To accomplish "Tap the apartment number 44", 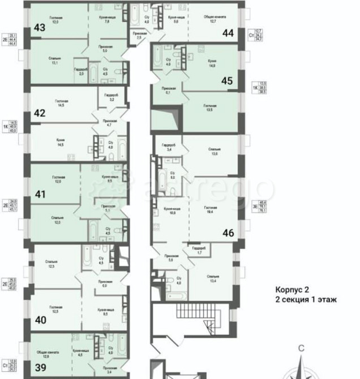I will (x=228, y=33).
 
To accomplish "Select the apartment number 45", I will (x=227, y=80).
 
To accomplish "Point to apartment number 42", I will (x=40, y=113).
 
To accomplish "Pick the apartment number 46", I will (x=228, y=232).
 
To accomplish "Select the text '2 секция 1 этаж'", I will (x=306, y=300).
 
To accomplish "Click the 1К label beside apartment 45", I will (x=254, y=88).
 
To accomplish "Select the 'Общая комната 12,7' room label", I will (x=213, y=19).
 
